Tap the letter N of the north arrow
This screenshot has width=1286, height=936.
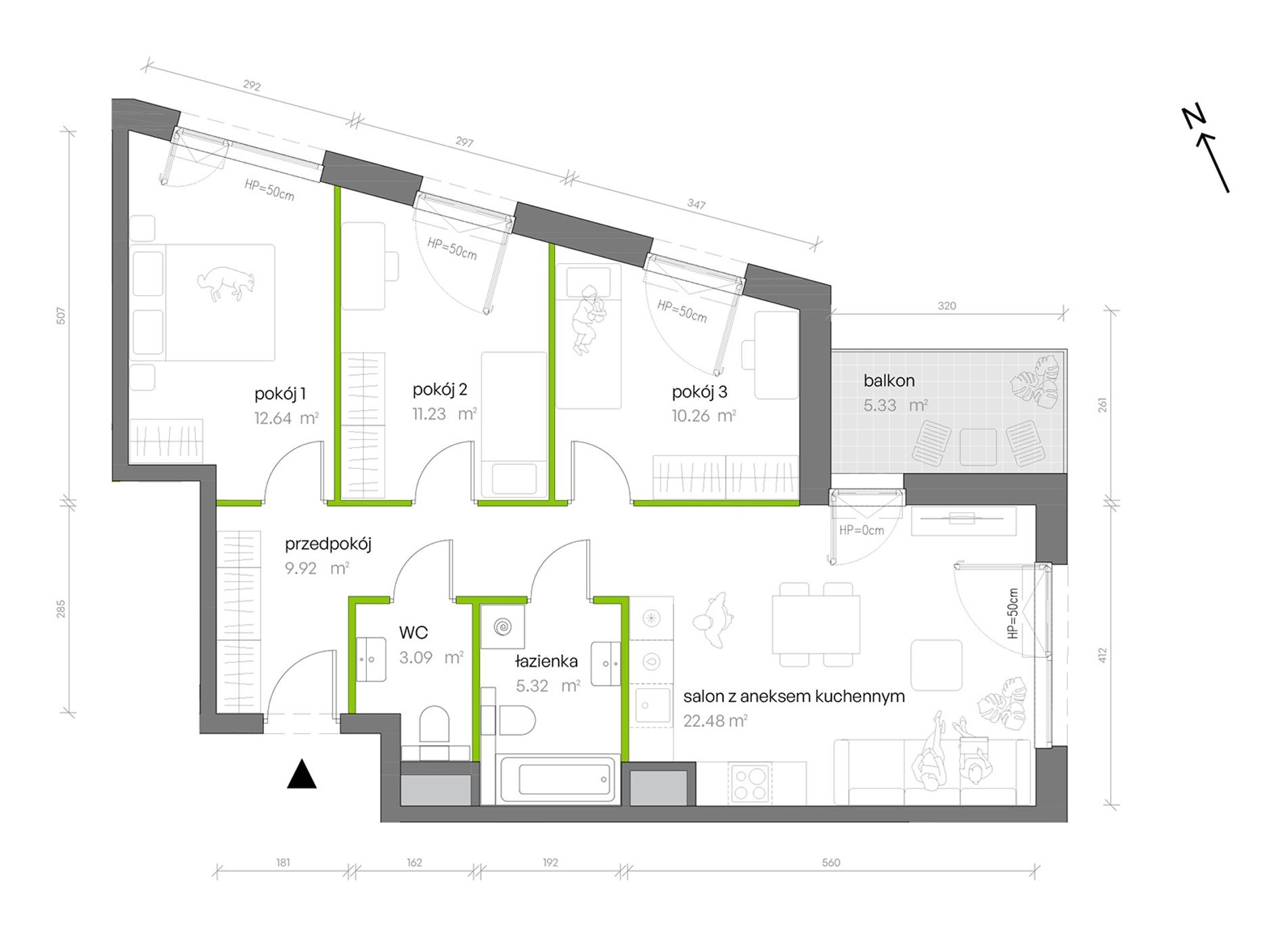(1194, 118)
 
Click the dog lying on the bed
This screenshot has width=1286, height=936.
(226, 283)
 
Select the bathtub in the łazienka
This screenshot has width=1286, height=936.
(558, 780)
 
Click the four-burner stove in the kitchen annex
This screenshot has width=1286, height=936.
(750, 784)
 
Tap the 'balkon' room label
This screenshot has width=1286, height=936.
(889, 380)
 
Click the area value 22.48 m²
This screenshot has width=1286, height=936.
(715, 721)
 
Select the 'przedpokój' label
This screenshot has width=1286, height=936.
(328, 544)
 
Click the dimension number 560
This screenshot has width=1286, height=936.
(830, 862)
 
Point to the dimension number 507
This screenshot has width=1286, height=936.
(61, 315)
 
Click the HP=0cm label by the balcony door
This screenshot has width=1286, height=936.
(861, 531)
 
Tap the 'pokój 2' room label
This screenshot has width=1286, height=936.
(440, 389)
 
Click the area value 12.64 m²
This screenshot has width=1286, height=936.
(286, 418)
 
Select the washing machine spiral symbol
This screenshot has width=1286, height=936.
(502, 627)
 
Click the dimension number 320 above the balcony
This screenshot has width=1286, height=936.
(947, 306)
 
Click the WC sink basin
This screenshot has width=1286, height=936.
(371, 659)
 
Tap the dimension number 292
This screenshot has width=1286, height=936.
(251, 86)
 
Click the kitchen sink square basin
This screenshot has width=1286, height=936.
(650, 705)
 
